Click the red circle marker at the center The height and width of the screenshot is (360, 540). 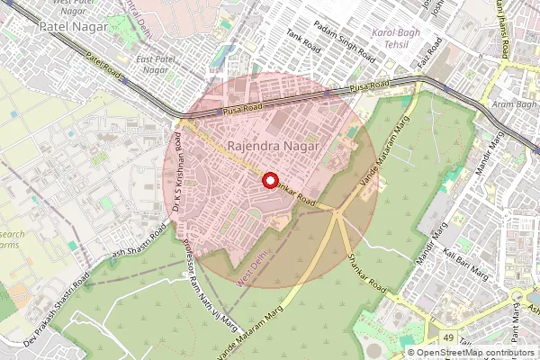[x=269, y=180]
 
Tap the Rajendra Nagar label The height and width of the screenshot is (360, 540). [x=262, y=145]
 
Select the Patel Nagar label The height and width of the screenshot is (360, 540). [x=74, y=28]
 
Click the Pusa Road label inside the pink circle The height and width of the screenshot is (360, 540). [x=241, y=110]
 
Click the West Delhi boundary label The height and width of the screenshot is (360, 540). [x=253, y=269]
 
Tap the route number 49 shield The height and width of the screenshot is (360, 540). [x=447, y=337]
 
